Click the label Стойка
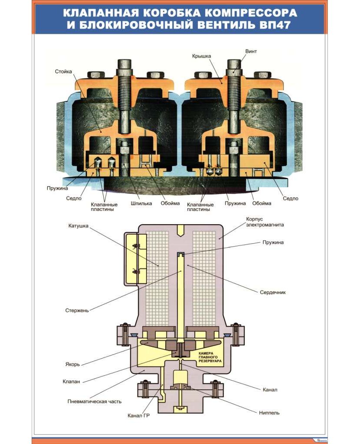click(x=63, y=71)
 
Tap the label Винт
click(x=251, y=51)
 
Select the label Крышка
click(x=201, y=56)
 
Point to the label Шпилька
click(x=141, y=203)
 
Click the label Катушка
click(x=78, y=226)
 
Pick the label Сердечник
click(x=273, y=292)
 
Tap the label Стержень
click(x=77, y=310)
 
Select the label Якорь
click(x=72, y=364)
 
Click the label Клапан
click(x=71, y=382)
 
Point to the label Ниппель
click(x=269, y=413)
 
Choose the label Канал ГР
click(x=138, y=416)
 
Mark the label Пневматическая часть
click(x=94, y=402)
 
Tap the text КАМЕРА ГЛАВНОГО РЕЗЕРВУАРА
click(x=210, y=357)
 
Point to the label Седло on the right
click(x=290, y=199)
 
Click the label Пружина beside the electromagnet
click(x=273, y=242)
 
